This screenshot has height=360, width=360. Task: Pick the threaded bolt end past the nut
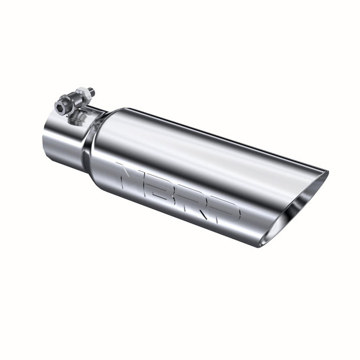click(x=91, y=91)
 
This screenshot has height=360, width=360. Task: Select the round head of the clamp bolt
click(x=62, y=106)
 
